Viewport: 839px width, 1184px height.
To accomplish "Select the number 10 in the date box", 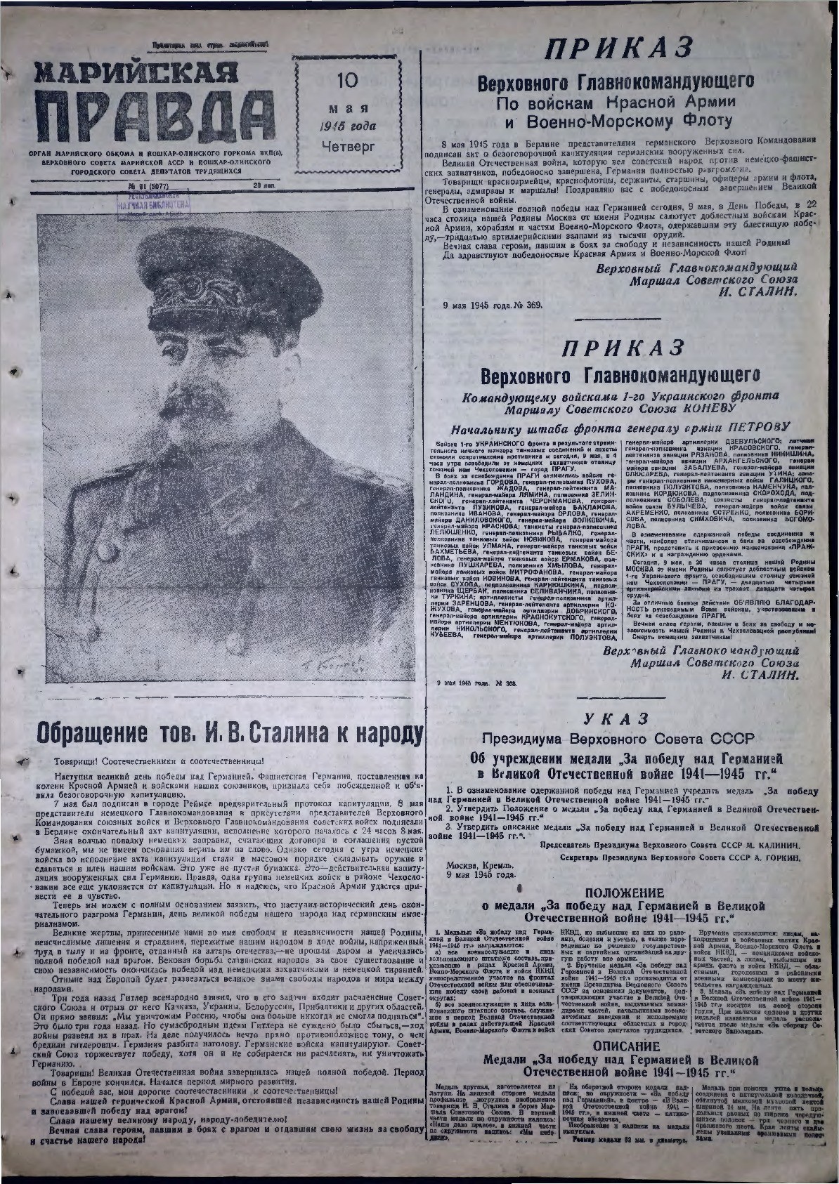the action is [347, 81].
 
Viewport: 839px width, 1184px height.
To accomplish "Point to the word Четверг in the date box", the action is [348, 146].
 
